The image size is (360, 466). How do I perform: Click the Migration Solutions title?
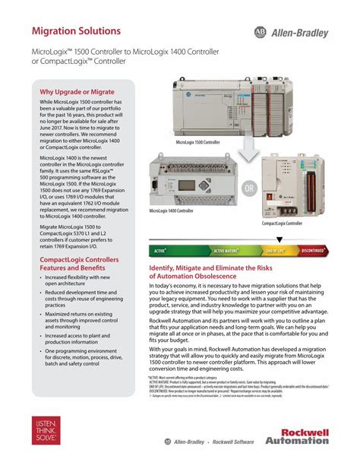coord(75,31)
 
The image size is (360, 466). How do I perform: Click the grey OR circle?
coord(248,188)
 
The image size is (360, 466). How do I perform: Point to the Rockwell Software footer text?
coord(234,442)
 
